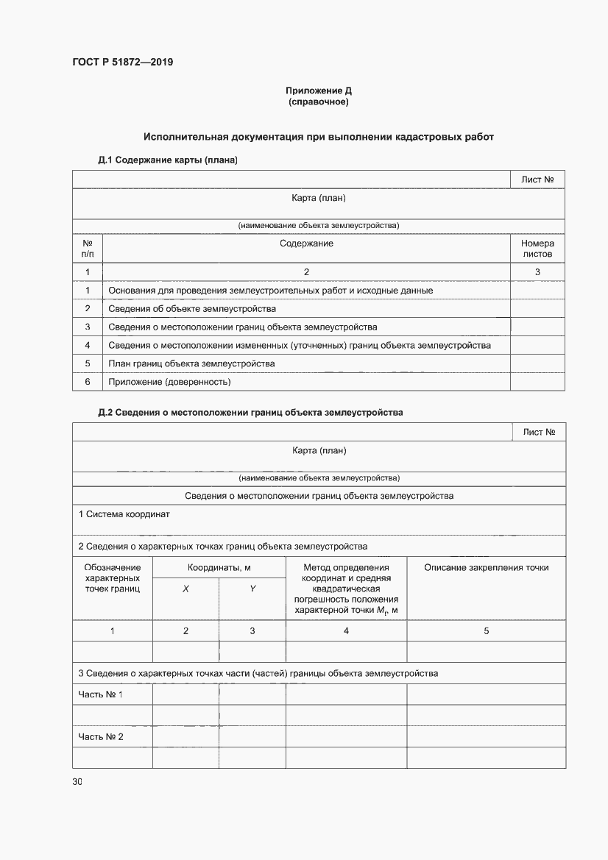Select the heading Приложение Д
(318, 90)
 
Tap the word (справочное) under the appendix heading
(318, 102)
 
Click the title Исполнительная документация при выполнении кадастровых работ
(318, 137)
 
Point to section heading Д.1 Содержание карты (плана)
(167, 160)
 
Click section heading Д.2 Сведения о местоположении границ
(250, 413)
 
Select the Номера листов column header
(537, 249)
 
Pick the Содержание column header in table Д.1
(306, 244)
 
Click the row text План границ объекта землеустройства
(191, 363)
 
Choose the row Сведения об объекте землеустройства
(192, 308)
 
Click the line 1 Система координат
(124, 514)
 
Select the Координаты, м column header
(219, 567)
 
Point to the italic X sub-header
(185, 589)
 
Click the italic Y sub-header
(252, 589)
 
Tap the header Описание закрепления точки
(486, 567)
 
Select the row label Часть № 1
(101, 694)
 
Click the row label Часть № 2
(101, 736)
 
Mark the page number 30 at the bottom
(77, 782)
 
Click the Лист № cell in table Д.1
(537, 180)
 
